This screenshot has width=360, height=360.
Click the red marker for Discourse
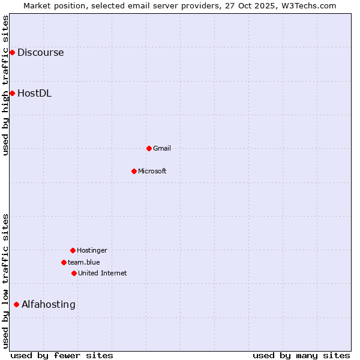[x=12, y=53]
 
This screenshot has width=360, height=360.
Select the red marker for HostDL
[x=12, y=93]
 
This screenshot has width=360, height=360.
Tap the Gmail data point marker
[x=149, y=148]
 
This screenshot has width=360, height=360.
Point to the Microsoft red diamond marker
[x=134, y=171]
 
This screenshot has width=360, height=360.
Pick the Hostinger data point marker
[x=73, y=250]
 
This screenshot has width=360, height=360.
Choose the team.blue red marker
[x=64, y=262]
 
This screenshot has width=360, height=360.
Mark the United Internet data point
[x=74, y=273]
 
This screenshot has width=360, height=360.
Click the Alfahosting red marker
[x=16, y=304]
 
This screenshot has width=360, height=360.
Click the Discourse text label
[x=40, y=53]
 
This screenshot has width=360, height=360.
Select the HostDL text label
[x=34, y=93]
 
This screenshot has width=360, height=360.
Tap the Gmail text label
[x=162, y=148]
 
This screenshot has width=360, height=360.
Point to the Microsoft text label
[x=152, y=171]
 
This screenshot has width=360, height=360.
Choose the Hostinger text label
[x=92, y=250]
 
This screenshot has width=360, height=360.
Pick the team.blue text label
[x=84, y=262]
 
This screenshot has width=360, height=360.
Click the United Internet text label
[x=103, y=273]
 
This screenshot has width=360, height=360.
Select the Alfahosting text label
[x=49, y=304]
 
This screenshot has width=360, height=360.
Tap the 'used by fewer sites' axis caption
[x=62, y=355]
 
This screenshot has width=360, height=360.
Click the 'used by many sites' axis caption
[x=301, y=355]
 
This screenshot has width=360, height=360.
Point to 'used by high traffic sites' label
[x=5, y=85]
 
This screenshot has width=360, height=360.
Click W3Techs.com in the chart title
[x=307, y=5]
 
